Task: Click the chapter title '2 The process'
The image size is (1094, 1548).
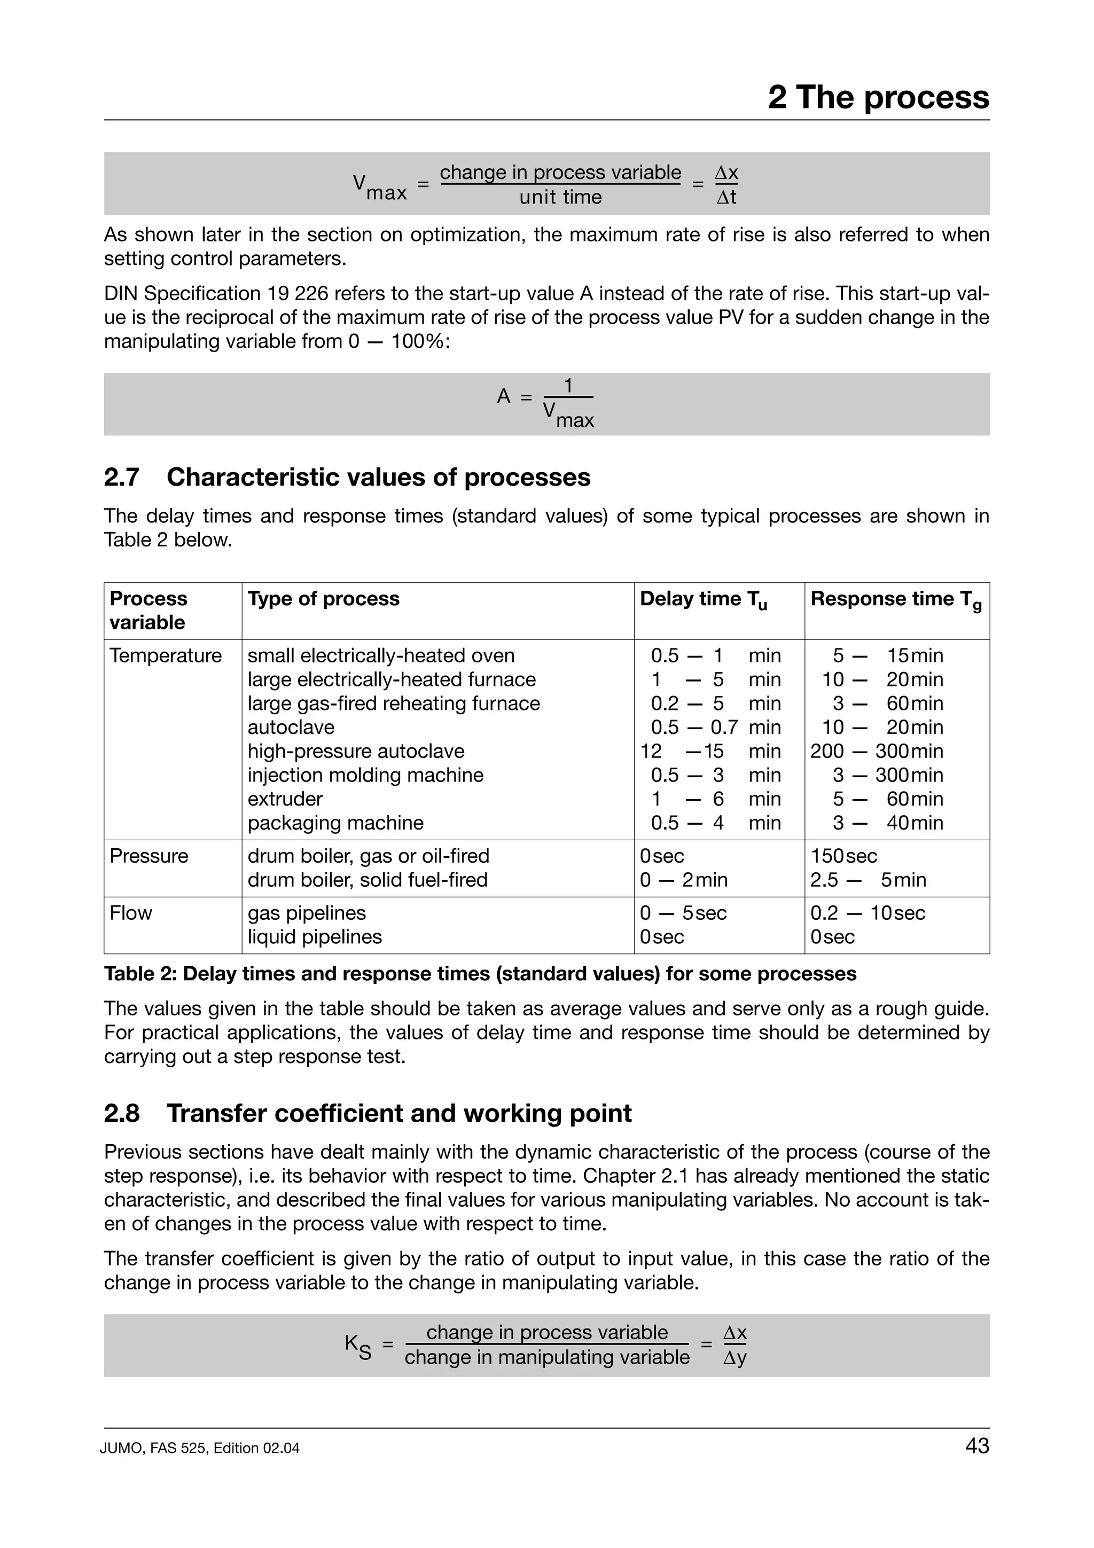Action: (x=878, y=97)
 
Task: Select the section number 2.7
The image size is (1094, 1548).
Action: (x=121, y=478)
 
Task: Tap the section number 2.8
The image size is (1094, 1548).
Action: (x=121, y=1113)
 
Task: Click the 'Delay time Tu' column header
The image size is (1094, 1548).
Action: (x=703, y=599)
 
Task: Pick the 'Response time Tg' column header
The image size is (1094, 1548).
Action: (x=895, y=599)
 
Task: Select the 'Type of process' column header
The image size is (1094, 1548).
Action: (x=323, y=599)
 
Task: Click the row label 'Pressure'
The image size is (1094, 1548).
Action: (x=149, y=856)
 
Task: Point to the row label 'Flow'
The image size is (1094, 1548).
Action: (x=131, y=913)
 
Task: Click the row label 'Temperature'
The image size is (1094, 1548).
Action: (x=165, y=656)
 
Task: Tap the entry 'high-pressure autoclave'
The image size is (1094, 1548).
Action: (x=355, y=751)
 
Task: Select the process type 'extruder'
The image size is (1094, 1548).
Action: (x=285, y=799)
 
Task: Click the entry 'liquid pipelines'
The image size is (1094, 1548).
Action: (x=314, y=937)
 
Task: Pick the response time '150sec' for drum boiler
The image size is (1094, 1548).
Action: (x=843, y=856)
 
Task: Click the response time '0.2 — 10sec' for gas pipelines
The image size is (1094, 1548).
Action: (x=867, y=913)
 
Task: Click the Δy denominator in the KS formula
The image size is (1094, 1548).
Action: (x=734, y=1358)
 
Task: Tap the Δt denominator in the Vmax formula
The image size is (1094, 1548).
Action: (x=726, y=198)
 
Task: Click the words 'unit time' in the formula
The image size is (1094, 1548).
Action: (x=560, y=198)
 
